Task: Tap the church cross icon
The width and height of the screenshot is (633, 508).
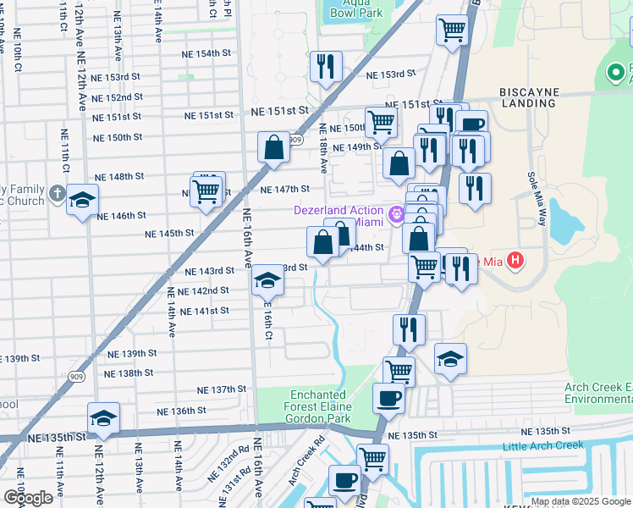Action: tap(57, 194)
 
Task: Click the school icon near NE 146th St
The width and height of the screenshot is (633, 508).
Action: tap(83, 201)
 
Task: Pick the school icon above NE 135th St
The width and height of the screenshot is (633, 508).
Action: tap(103, 418)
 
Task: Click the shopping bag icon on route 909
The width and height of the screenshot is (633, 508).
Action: tap(274, 147)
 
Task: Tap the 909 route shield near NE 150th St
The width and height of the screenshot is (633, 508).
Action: tap(294, 140)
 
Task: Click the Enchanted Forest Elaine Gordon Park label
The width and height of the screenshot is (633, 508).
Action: tap(317, 406)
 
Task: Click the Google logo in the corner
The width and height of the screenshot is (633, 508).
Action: tap(27, 497)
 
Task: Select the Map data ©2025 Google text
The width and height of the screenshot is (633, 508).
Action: tap(581, 501)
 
